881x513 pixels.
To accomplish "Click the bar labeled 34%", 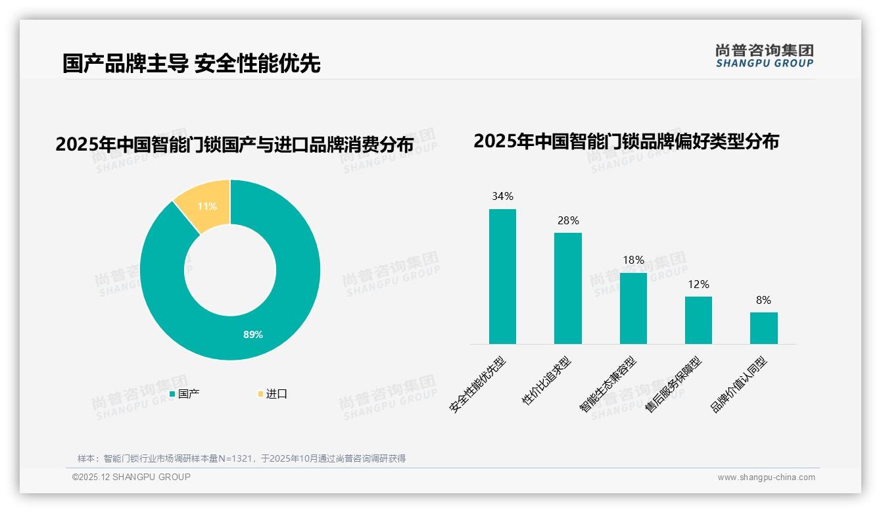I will (502, 276).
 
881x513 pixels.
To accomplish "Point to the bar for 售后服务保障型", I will (698, 320).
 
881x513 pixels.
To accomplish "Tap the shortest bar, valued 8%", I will (763, 328).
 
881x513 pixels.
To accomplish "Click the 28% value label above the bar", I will (568, 220).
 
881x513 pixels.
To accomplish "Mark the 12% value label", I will (698, 284).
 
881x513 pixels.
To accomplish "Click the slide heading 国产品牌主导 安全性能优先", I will (191, 63).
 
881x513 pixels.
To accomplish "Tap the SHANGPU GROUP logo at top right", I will (764, 56).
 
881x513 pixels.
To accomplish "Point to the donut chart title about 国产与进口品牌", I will (234, 145).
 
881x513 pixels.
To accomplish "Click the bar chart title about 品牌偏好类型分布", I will (625, 141).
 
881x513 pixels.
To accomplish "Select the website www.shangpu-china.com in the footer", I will (766, 477).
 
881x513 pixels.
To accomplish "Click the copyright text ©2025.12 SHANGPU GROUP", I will (131, 477).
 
